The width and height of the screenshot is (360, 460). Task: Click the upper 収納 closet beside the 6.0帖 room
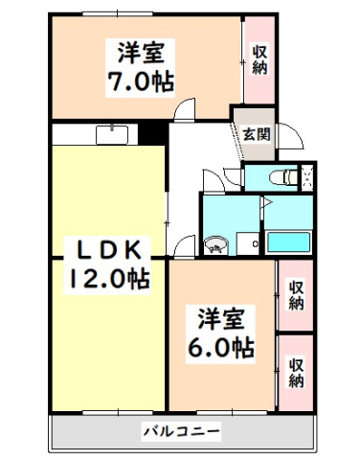click(x=296, y=296)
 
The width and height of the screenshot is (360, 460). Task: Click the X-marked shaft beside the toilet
click(x=309, y=176)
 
